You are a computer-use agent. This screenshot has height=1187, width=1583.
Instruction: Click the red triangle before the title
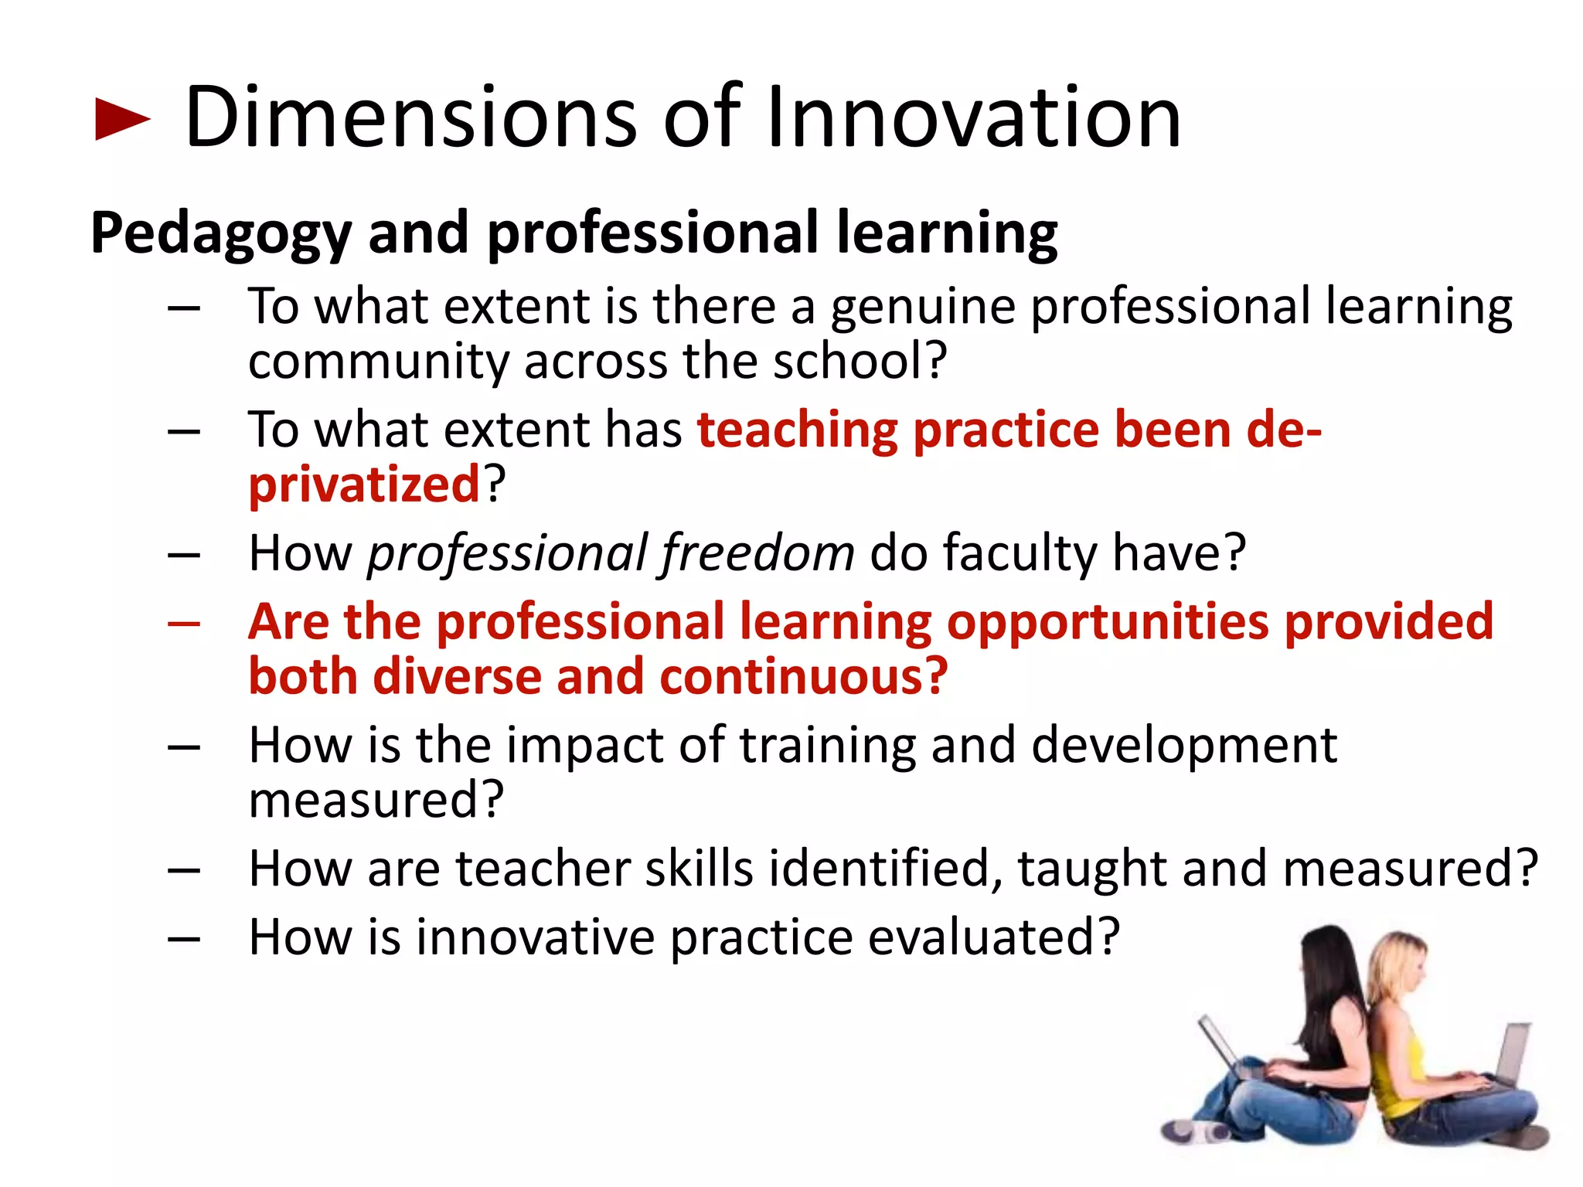click(x=121, y=119)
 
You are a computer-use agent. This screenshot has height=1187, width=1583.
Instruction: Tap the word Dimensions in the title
click(x=410, y=117)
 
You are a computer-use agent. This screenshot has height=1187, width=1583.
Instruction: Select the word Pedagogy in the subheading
click(x=221, y=234)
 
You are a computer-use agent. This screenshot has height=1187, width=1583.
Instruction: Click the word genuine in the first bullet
click(x=923, y=308)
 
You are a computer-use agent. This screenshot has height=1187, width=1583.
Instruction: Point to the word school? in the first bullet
click(x=860, y=361)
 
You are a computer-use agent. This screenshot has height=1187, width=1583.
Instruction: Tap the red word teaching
click(x=797, y=430)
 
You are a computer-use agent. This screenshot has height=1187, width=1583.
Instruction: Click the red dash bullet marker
click(x=184, y=624)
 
